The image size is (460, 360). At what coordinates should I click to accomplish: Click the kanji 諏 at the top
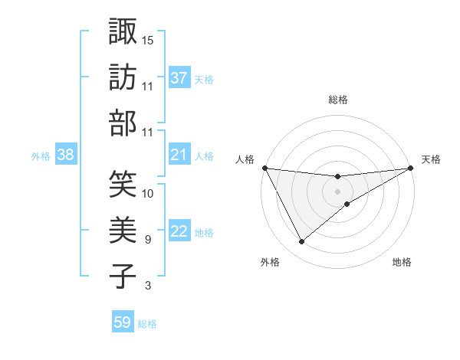(122, 31)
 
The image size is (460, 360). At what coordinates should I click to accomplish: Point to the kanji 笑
(122, 183)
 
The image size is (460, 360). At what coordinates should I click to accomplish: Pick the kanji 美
(122, 229)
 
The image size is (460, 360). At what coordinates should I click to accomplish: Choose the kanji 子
(122, 275)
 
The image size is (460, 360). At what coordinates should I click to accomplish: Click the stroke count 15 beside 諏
(148, 39)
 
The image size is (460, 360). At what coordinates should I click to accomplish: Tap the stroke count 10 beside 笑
(148, 193)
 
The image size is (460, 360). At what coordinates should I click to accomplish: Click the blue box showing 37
(179, 78)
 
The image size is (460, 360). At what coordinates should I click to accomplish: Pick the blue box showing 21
(179, 155)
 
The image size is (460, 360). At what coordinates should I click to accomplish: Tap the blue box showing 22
(179, 232)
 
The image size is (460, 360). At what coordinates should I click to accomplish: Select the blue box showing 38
(65, 155)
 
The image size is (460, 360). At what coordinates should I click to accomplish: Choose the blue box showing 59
(122, 322)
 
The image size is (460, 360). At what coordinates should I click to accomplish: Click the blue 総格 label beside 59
(147, 324)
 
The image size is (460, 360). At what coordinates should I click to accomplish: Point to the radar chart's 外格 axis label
(270, 262)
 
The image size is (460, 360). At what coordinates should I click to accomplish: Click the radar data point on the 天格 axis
(411, 168)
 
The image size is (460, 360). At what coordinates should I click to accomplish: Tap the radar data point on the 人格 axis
(264, 168)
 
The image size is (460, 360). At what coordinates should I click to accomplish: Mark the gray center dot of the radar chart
(337, 191)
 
